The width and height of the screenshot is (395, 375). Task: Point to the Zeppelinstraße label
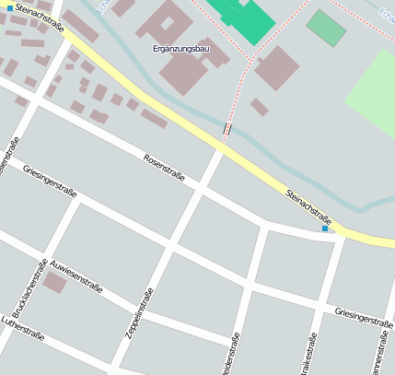point(145,312)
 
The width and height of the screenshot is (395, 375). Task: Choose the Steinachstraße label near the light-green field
point(308,206)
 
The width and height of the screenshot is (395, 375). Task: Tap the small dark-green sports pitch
point(326,28)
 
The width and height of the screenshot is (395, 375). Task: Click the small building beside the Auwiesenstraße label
point(54,282)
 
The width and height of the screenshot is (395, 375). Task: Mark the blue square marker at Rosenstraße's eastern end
point(325,228)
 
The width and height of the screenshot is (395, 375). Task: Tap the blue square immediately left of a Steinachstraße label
point(10,7)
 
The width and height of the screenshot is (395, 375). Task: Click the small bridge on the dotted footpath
point(226,129)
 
